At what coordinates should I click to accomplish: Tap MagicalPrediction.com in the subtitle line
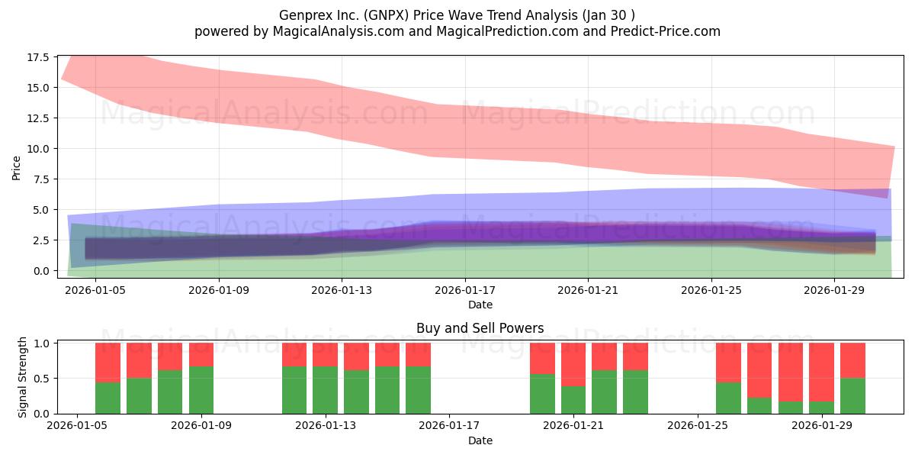pyautogui.click(x=507, y=31)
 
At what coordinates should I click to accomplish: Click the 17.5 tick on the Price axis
pyautogui.click(x=38, y=57)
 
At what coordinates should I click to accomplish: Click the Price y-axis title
pyautogui.click(x=16, y=168)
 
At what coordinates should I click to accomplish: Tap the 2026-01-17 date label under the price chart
pyautogui.click(x=465, y=290)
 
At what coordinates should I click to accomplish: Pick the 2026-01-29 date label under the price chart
pyautogui.click(x=834, y=290)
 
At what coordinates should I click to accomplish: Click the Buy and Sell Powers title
pyautogui.click(x=480, y=328)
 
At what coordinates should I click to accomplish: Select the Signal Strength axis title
pyautogui.click(x=22, y=377)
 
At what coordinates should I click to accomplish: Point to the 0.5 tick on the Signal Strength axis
pyautogui.click(x=41, y=379)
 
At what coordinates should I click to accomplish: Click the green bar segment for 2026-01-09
pyautogui.click(x=201, y=390)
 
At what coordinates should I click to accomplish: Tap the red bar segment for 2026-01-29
pyautogui.click(x=821, y=373)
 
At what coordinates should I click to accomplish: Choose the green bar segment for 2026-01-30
pyautogui.click(x=853, y=396)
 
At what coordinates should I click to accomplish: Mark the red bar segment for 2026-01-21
pyautogui.click(x=573, y=364)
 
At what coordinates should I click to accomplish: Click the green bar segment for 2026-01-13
pyautogui.click(x=326, y=390)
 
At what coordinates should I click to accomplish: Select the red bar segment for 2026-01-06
pyautogui.click(x=108, y=363)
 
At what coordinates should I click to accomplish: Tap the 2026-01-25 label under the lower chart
pyautogui.click(x=698, y=426)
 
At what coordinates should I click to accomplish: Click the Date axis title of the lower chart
pyautogui.click(x=480, y=440)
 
